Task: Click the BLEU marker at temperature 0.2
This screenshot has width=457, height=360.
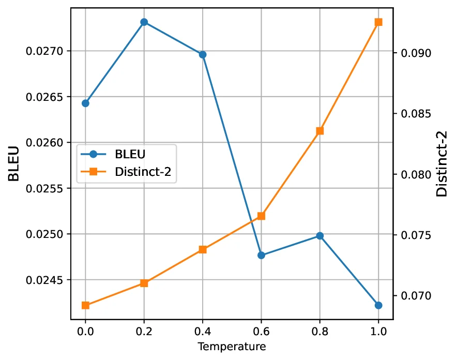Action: (x=144, y=22)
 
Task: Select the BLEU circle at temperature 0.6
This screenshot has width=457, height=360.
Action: (x=261, y=255)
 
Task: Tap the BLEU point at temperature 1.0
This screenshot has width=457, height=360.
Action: (x=378, y=305)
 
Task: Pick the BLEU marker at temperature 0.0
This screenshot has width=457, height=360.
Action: (x=85, y=103)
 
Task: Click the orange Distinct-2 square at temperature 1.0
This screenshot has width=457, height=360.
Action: (x=378, y=22)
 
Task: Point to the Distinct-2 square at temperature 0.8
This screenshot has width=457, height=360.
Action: (x=320, y=131)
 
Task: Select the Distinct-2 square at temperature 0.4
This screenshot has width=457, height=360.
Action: (x=203, y=249)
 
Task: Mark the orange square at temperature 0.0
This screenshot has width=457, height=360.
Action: (x=85, y=305)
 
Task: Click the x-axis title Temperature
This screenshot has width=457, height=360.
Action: (x=232, y=347)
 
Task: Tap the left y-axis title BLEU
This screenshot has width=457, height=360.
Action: (x=14, y=164)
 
